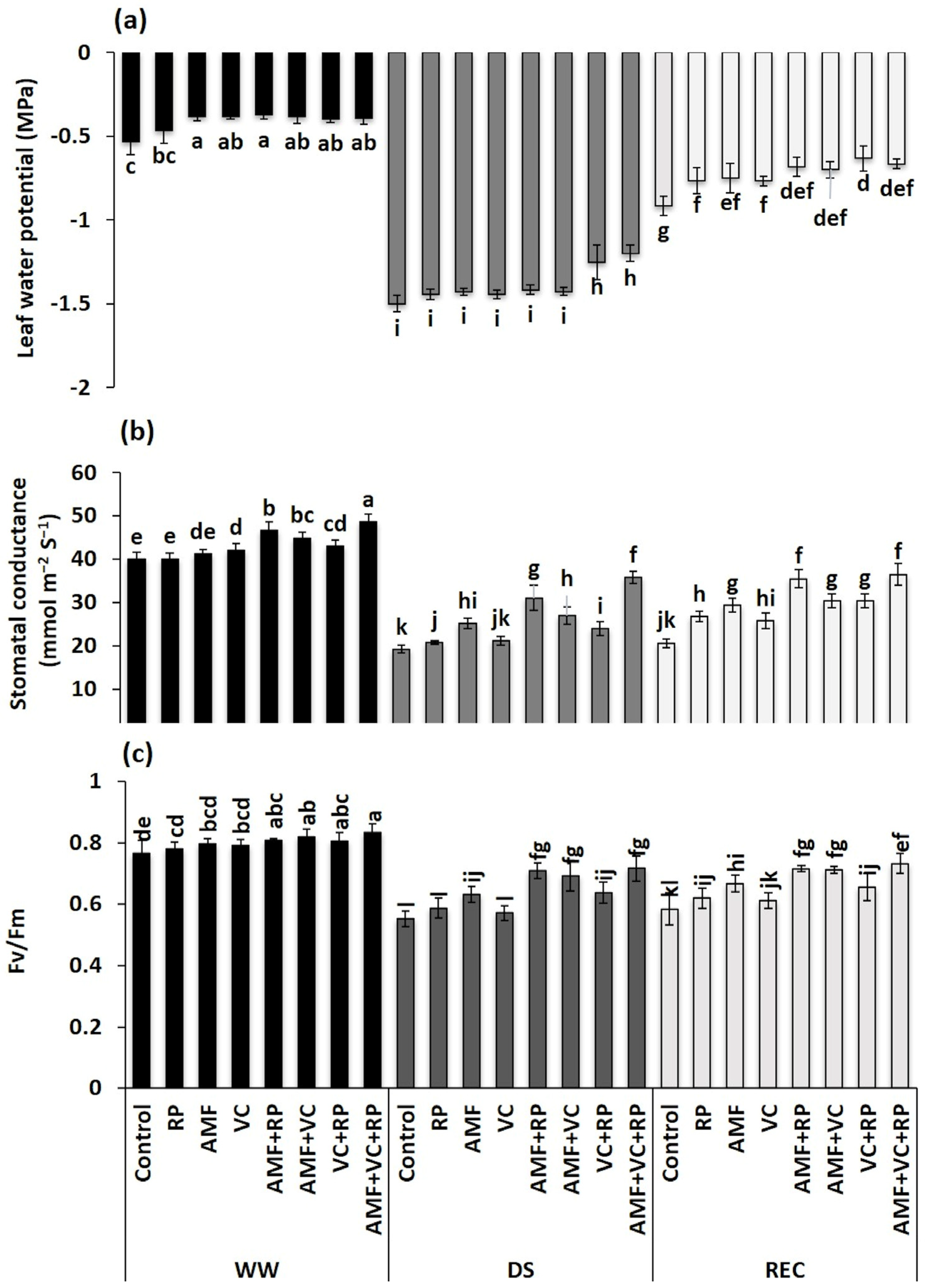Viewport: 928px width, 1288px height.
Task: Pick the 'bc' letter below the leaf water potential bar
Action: [x=164, y=156]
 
